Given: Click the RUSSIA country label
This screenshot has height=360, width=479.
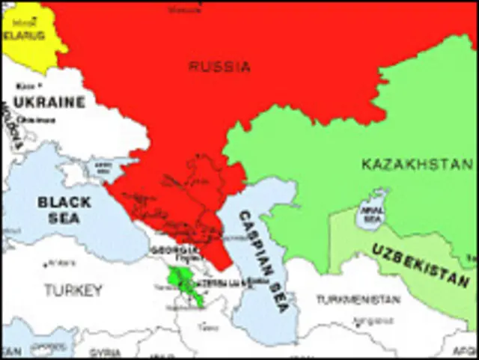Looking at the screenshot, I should click(x=219, y=67).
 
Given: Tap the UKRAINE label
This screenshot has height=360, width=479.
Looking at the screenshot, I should click(x=49, y=102).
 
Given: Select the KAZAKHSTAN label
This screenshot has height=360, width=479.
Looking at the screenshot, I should click(x=417, y=164).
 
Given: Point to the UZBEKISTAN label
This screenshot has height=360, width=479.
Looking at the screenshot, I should click(x=421, y=266).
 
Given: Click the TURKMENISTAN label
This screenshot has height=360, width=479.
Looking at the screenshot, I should click(x=357, y=299).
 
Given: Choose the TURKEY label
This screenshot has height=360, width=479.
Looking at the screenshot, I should click(x=73, y=290).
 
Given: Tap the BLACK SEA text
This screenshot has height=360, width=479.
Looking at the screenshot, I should click(x=64, y=210).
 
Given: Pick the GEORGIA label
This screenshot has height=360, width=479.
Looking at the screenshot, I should click(x=174, y=249).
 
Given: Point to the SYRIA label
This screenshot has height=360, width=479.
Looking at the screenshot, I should click(x=104, y=353).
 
